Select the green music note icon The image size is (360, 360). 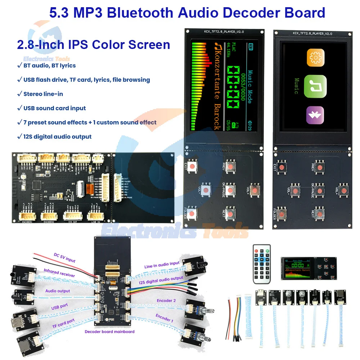315,86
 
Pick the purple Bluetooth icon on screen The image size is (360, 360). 315,116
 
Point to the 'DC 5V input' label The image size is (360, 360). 65,258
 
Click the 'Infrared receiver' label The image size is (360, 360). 59,273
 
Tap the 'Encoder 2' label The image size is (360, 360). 166,301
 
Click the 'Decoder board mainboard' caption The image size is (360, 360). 109,331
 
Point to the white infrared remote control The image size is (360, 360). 261,261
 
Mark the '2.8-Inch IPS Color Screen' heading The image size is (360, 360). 94,45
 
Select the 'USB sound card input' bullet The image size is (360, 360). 54,108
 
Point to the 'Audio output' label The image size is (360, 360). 58,291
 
